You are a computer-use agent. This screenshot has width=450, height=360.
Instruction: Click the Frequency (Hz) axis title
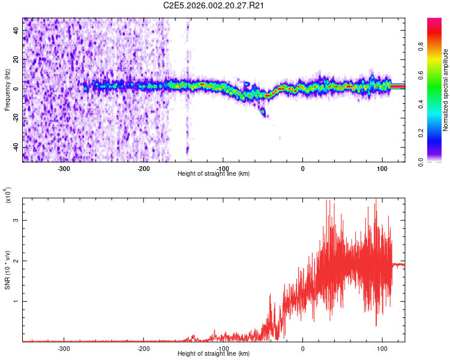[x=7, y=89]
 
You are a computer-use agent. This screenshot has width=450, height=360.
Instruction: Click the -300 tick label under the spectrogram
[x=64, y=168]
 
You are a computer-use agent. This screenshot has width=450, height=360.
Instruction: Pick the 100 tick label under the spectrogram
[x=382, y=168]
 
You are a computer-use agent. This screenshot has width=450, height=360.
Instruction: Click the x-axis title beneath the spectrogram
[x=214, y=174]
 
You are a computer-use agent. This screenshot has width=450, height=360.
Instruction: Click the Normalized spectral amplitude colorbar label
[x=446, y=90]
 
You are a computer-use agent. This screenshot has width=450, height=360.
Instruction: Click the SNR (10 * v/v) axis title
[x=7, y=269]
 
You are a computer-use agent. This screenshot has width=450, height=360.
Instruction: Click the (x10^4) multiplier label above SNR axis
[x=7, y=195]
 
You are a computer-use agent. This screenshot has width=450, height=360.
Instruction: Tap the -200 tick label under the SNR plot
[x=143, y=348]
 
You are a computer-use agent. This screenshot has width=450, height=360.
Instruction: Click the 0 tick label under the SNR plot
[x=302, y=348]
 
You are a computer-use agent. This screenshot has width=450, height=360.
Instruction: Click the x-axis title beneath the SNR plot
[x=214, y=354]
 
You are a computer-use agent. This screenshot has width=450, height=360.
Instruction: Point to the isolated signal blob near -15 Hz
[x=263, y=112]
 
